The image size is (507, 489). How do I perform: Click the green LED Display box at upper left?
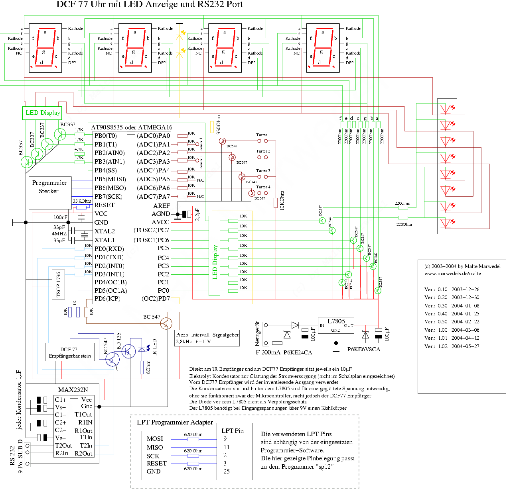coord(42,113)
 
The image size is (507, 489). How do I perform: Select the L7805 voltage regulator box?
coord(336,325)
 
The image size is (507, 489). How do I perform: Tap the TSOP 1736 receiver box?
coord(58,284)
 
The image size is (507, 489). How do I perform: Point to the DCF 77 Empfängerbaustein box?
coord(70,352)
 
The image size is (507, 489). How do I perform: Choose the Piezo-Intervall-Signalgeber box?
coord(207,338)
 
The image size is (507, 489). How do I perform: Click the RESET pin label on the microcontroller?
coord(105,205)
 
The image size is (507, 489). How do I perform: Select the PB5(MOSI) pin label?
coord(110,179)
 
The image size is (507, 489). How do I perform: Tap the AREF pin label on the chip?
coord(162,205)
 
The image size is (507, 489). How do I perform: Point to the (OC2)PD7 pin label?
coord(156,299)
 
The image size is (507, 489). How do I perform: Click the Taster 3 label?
coord(263,171)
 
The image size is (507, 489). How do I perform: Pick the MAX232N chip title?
coord(73,389)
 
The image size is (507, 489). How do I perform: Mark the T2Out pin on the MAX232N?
coord(63,446)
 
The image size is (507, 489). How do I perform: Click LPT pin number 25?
coord(227,471)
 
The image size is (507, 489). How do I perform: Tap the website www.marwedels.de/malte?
coord(452,274)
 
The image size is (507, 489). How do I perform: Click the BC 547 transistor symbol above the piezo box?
coord(166,323)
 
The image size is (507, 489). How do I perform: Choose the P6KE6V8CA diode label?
coord(363,349)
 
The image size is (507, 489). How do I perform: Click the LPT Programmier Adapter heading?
coord(175,422)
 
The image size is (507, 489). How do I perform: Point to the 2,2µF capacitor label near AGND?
coord(197,214)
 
